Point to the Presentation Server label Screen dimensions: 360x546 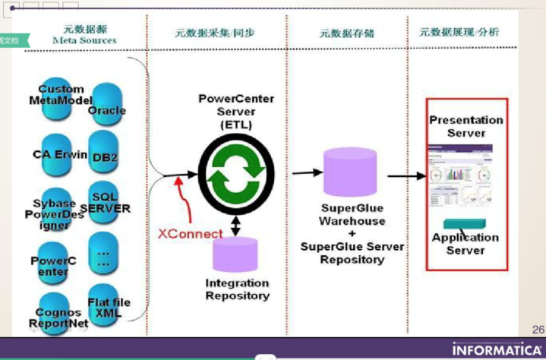[466, 126]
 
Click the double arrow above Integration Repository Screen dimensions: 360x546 [236, 226]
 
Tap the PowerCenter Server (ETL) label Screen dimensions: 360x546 [236, 111]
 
